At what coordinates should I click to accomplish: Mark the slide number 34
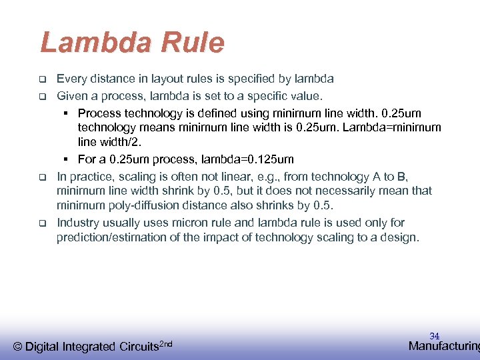[x=434, y=336]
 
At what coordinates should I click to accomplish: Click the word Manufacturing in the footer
[x=443, y=346]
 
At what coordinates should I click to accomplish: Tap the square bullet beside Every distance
[x=41, y=79]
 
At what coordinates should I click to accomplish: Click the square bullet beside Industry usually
[x=41, y=223]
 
